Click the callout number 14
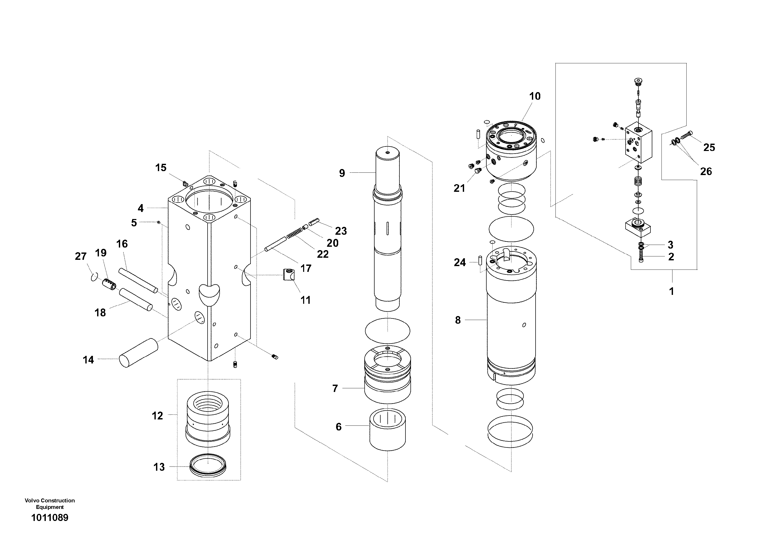point(88,360)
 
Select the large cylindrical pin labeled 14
point(138,353)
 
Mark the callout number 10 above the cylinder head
point(535,96)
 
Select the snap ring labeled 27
point(94,277)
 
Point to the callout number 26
point(706,172)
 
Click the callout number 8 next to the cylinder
point(458,320)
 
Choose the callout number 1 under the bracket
point(671,291)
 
